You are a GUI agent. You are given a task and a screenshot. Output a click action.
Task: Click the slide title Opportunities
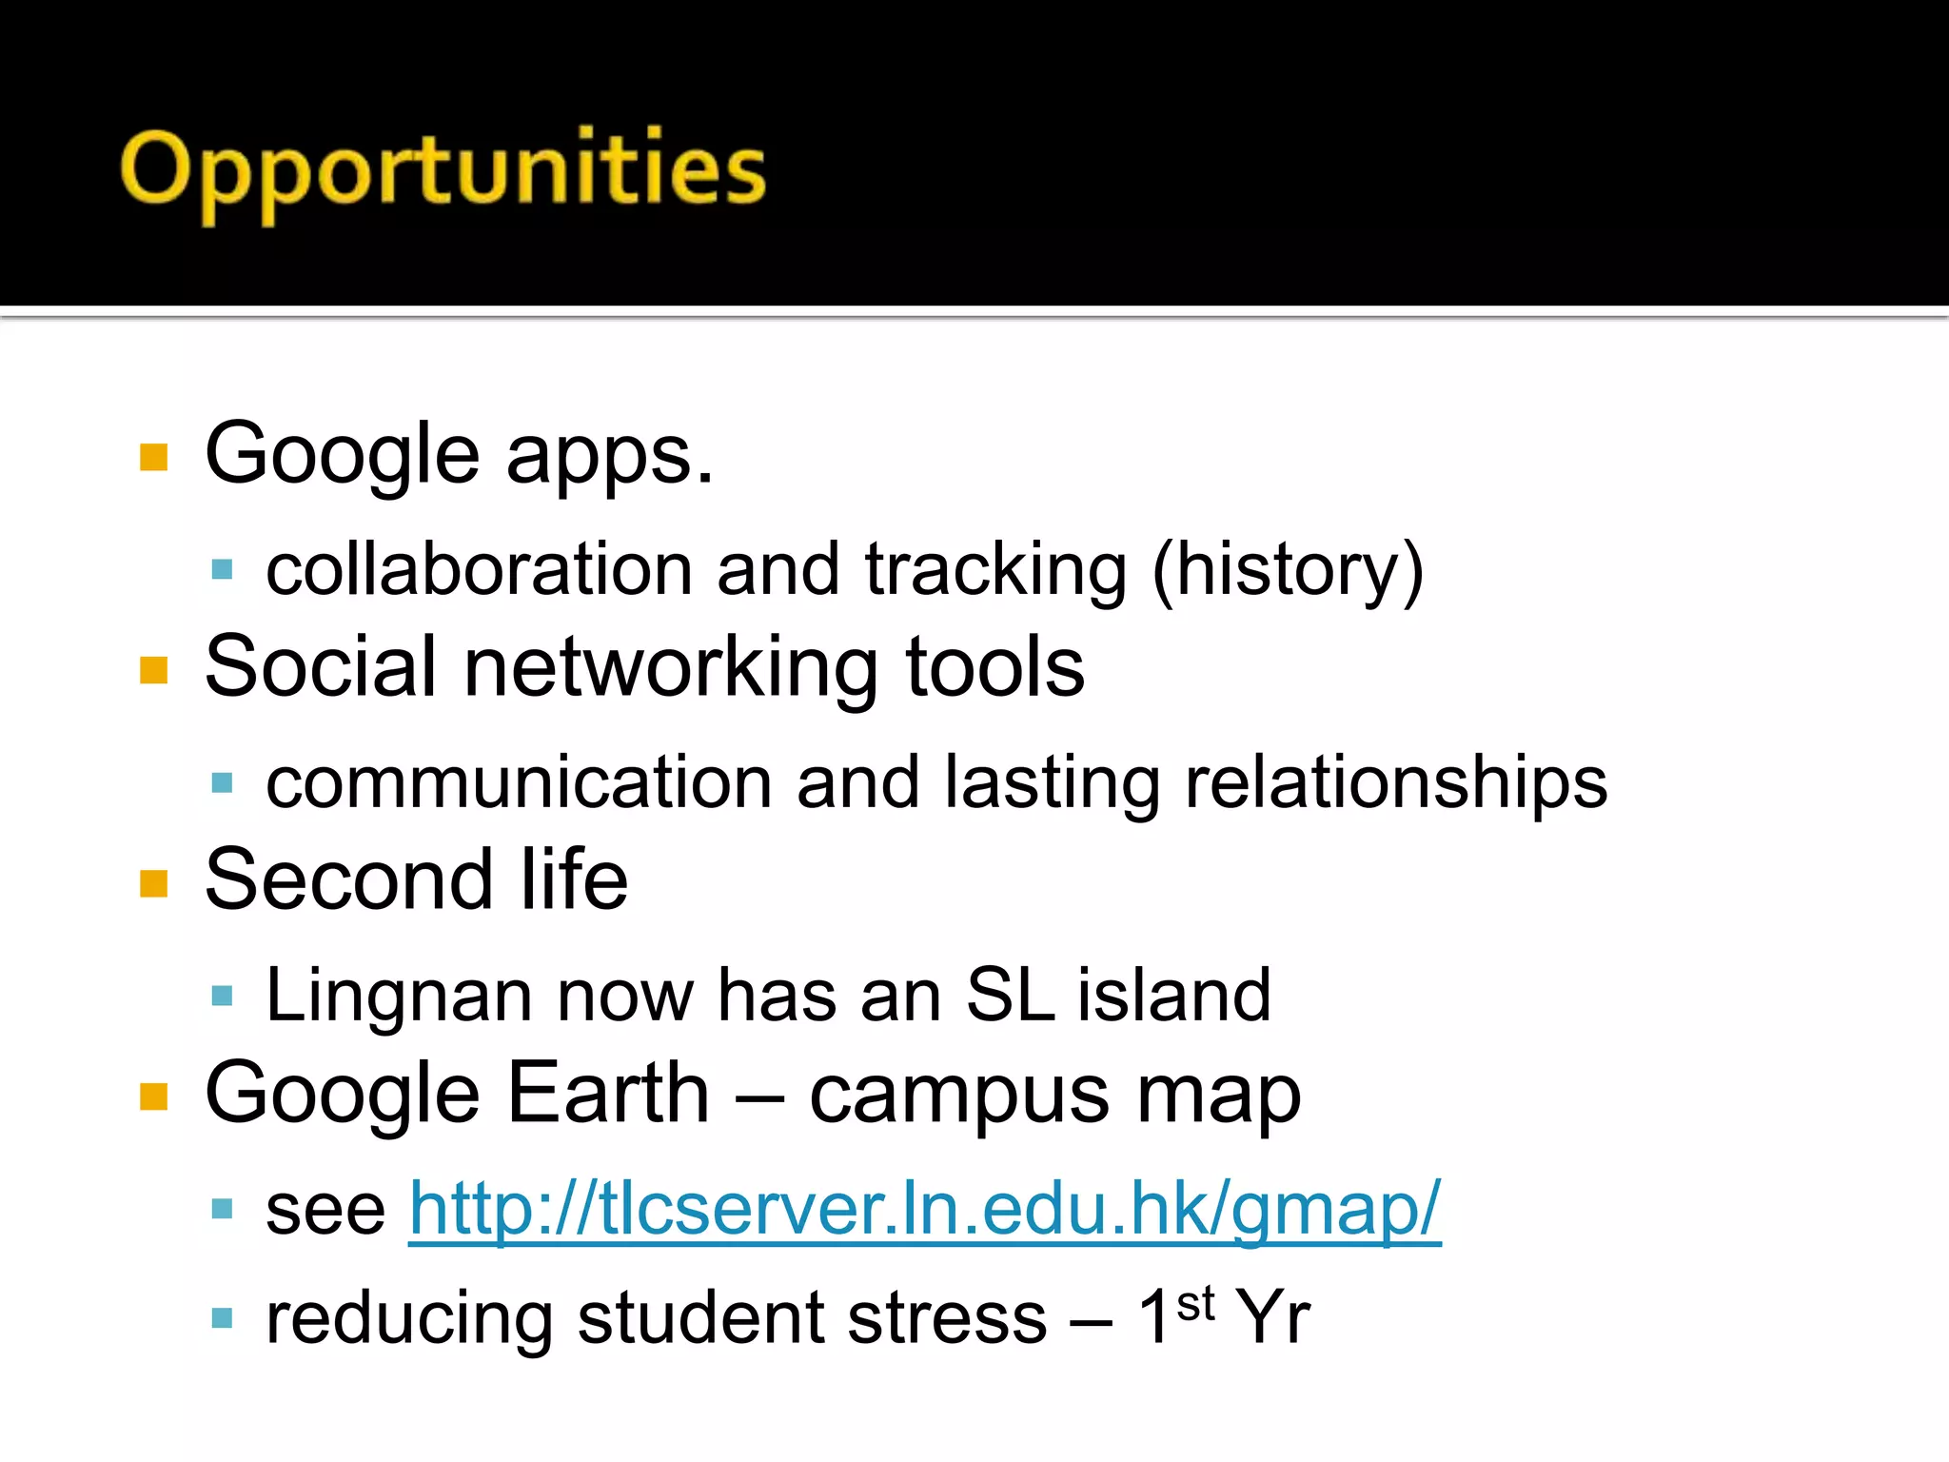point(443,171)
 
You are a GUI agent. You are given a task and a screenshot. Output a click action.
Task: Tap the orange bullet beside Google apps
point(153,457)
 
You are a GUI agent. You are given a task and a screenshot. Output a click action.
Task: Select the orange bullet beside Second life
point(153,883)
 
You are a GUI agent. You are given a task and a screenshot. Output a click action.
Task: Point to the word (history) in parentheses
point(1287,571)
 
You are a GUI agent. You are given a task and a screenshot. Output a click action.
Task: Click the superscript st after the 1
point(1195,1303)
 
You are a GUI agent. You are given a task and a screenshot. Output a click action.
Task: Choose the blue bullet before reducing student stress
point(222,1318)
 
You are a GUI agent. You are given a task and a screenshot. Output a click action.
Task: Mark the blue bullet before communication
point(222,783)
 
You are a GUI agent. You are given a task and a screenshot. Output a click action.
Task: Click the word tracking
point(995,571)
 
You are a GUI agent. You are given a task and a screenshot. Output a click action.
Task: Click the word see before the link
point(325,1211)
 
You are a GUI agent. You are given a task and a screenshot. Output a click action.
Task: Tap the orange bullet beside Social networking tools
point(153,670)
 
